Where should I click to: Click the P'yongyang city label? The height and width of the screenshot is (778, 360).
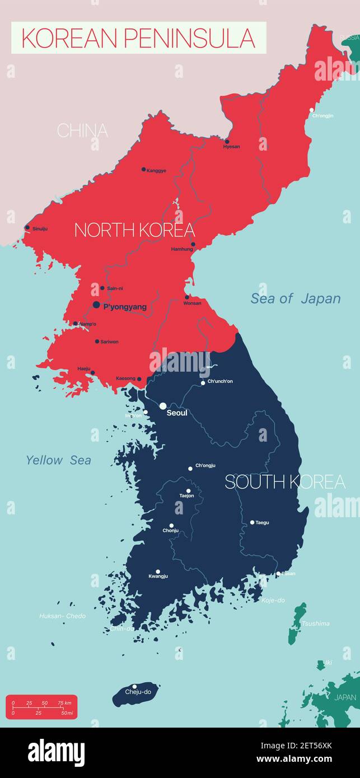125,307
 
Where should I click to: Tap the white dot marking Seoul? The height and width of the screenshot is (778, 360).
163,406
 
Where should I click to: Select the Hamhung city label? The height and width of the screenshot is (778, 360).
182,250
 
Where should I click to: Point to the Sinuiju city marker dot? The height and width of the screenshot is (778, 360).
27,227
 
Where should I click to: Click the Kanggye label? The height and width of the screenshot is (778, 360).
156,171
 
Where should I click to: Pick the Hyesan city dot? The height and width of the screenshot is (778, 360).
227,142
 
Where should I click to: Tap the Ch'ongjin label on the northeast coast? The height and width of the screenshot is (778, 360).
322,116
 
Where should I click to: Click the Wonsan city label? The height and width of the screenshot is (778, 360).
192,303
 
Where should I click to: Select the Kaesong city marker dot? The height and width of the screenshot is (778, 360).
139,379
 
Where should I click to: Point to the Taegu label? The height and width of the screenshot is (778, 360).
262,523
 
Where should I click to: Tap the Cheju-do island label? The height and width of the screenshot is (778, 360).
138,692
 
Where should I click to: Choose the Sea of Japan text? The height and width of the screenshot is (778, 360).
295,299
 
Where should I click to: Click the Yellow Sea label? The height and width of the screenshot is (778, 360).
58,461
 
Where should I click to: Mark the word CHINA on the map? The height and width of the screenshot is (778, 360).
82,131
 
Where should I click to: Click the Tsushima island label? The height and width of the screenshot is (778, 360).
315,624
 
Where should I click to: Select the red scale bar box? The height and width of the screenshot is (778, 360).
41,706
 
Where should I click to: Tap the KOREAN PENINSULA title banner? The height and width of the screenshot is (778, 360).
138,38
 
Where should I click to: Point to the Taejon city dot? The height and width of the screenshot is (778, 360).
188,490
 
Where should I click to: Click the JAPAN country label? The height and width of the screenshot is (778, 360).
345,697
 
